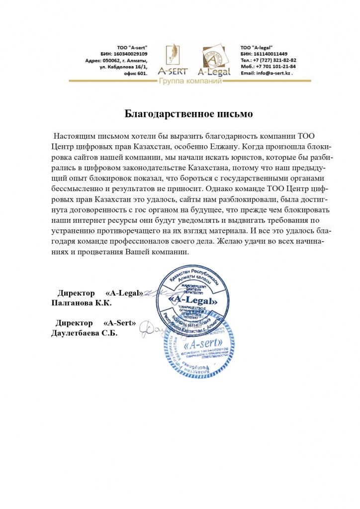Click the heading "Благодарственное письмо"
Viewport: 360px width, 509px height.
pyautogui.click(x=188, y=114)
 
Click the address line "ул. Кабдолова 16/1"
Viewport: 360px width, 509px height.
pyautogui.click(x=121, y=66)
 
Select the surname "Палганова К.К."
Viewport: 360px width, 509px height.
pyautogui.click(x=82, y=302)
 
